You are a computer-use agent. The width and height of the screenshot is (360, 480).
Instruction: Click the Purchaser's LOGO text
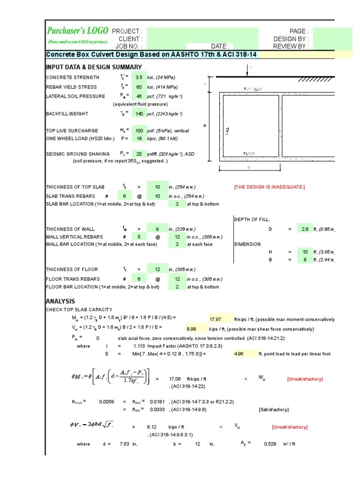(x=77, y=31)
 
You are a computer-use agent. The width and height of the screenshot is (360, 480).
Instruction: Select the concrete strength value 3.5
(x=138, y=78)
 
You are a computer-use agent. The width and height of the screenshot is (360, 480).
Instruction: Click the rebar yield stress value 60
(x=139, y=87)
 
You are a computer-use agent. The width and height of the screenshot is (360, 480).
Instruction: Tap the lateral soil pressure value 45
(x=139, y=96)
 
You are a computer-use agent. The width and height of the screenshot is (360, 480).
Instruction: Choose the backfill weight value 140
(x=138, y=114)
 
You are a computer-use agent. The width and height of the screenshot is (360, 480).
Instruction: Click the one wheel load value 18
(x=139, y=139)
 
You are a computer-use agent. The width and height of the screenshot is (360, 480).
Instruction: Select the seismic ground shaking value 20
(x=139, y=154)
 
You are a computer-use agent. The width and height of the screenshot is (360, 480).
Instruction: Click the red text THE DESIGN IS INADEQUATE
(x=269, y=187)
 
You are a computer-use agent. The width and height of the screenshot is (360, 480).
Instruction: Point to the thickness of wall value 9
(x=157, y=229)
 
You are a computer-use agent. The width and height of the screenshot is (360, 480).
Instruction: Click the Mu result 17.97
(x=214, y=320)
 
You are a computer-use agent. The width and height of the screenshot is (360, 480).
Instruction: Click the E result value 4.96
(x=239, y=354)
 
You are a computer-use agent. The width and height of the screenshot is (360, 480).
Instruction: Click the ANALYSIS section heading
(x=60, y=301)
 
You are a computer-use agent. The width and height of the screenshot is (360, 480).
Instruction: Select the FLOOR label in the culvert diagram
(x=249, y=153)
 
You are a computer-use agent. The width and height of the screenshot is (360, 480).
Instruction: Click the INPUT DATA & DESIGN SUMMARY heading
(x=93, y=67)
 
